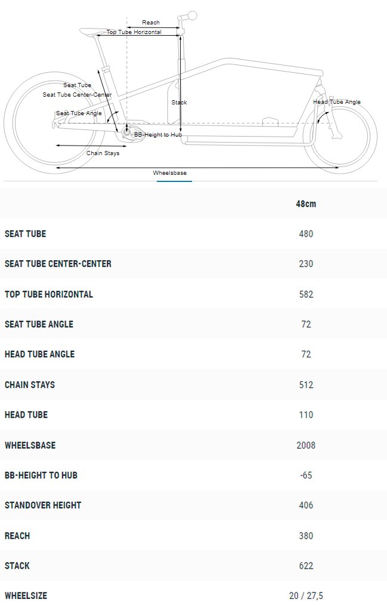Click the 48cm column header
coord(306,203)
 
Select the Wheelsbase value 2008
coord(306,445)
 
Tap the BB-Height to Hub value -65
coord(306,475)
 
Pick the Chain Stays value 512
coord(306,385)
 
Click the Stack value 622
coord(306,566)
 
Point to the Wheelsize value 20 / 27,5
coord(306,595)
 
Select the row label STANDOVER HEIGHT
coord(43,505)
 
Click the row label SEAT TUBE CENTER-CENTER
coord(58,264)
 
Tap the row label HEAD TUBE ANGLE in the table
coord(40,354)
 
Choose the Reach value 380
coord(306,536)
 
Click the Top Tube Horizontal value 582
coord(306,294)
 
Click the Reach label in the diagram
coord(151,23)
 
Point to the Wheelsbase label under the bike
coord(169,173)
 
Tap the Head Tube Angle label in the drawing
coord(337,102)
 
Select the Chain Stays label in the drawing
coord(103,153)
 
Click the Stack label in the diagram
coord(179,102)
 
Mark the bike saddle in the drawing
coord(93,31)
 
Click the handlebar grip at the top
coord(191,16)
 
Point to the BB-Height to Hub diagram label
coord(158,135)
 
